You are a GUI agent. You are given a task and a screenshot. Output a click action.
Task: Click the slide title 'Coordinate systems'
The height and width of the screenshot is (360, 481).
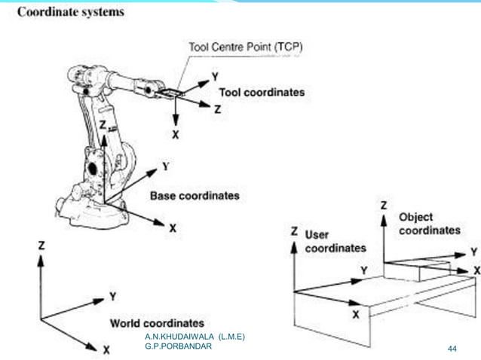tap(71, 13)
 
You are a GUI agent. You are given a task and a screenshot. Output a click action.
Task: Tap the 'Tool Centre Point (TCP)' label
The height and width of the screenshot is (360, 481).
tap(245, 47)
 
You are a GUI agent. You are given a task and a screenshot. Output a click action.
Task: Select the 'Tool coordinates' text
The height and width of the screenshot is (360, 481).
tap(262, 92)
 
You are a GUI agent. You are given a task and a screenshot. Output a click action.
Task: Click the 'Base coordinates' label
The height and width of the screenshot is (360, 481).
tap(195, 196)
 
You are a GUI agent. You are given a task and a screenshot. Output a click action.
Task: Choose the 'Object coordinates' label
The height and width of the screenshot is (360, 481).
tap(429, 223)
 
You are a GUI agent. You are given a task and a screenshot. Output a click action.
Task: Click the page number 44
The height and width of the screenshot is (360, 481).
tap(452, 349)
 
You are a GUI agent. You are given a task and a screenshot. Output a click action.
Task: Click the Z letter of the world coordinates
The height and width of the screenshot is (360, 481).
tap(41, 246)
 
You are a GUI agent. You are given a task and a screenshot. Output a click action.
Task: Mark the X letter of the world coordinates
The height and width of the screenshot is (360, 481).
tap(106, 349)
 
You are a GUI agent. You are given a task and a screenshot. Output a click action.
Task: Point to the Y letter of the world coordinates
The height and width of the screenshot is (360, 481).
tap(112, 296)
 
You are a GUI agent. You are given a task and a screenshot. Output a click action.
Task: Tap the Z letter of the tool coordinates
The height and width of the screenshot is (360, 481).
tap(217, 108)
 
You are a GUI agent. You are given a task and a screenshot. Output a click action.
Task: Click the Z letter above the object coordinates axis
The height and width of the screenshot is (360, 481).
tap(384, 205)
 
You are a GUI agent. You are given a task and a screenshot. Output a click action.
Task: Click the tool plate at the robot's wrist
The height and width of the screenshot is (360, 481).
tap(171, 93)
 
